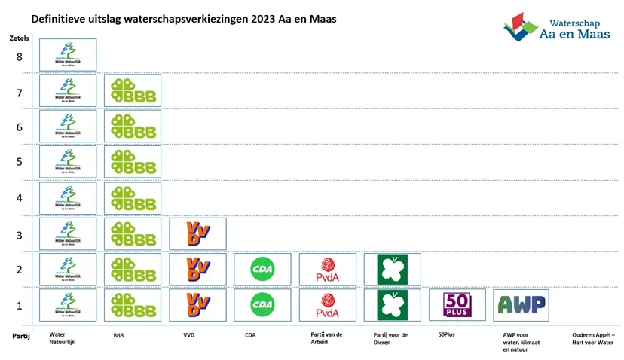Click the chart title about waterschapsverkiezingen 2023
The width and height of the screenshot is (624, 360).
(x=183, y=18)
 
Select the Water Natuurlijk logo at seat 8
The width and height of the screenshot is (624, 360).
(x=68, y=54)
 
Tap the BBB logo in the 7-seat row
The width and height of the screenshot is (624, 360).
(x=133, y=90)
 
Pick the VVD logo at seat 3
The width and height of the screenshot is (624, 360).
(x=197, y=233)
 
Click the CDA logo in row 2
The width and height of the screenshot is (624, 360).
(x=262, y=269)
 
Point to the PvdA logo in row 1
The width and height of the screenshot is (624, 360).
(x=327, y=304)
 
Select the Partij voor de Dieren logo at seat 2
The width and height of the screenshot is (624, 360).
(x=392, y=269)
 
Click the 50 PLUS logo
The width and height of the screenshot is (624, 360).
(x=457, y=304)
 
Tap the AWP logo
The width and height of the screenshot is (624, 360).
(x=522, y=304)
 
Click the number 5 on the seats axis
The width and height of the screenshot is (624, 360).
(x=19, y=161)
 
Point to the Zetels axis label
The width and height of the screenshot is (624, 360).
(x=19, y=38)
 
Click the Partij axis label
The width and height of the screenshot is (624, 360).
(x=20, y=336)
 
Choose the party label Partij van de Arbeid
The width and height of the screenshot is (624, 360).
(x=328, y=338)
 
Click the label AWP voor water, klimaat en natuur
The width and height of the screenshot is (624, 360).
(x=521, y=342)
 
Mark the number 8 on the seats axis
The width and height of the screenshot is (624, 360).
(x=19, y=56)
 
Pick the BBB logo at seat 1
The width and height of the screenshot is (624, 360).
(x=133, y=304)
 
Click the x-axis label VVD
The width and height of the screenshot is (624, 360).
(x=188, y=334)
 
